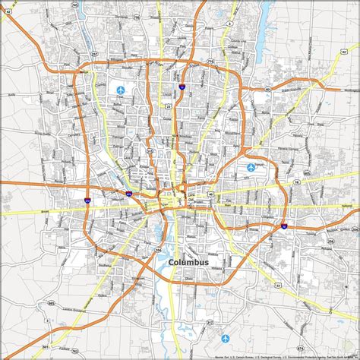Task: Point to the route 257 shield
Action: tap(93, 55)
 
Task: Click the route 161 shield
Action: tap(267, 89)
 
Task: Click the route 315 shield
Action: tap(150, 152)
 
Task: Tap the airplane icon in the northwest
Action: tap(120, 91)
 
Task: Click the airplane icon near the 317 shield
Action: tap(226, 337)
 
